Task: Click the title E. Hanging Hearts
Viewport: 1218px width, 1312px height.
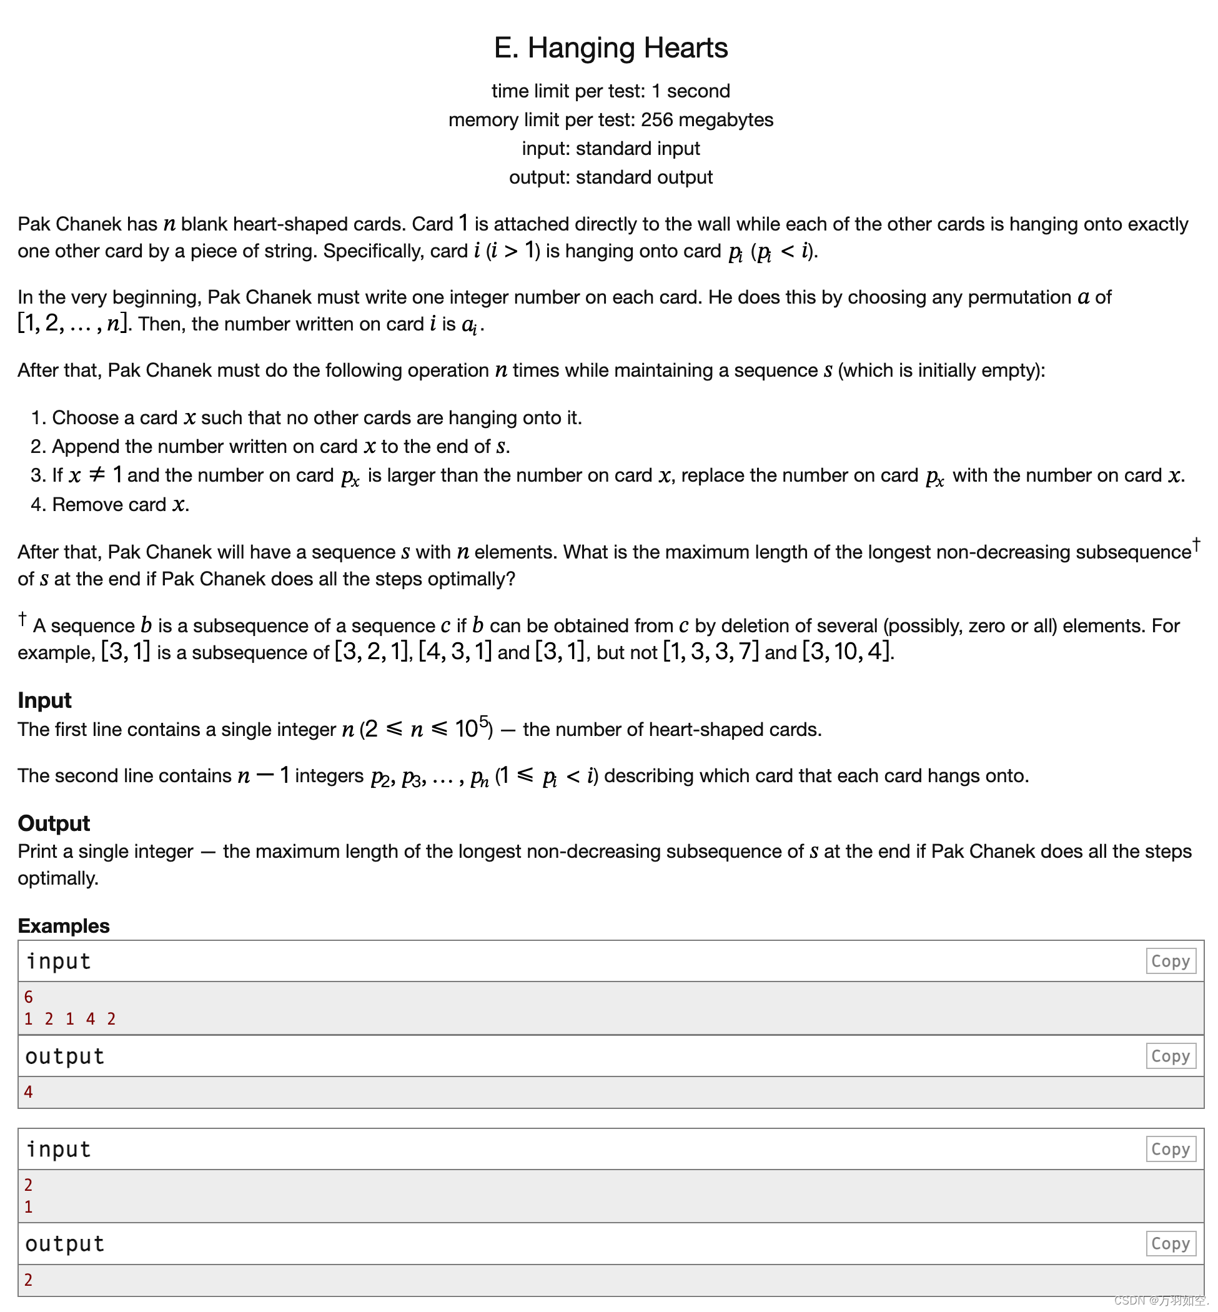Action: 610,48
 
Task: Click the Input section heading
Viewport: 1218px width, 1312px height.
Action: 44,700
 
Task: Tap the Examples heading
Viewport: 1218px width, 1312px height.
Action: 63,926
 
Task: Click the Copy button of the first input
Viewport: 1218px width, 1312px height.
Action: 1170,962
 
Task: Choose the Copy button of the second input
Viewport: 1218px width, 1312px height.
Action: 1170,1149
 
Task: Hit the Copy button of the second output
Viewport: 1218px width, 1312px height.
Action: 1170,1243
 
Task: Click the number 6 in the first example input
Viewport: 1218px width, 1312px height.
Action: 28,997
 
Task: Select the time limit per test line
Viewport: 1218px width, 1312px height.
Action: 610,91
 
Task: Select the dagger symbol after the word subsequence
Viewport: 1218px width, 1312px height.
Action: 1196,544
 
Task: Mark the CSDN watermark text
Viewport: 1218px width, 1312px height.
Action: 1160,1300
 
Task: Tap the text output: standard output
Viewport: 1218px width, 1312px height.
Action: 610,177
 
